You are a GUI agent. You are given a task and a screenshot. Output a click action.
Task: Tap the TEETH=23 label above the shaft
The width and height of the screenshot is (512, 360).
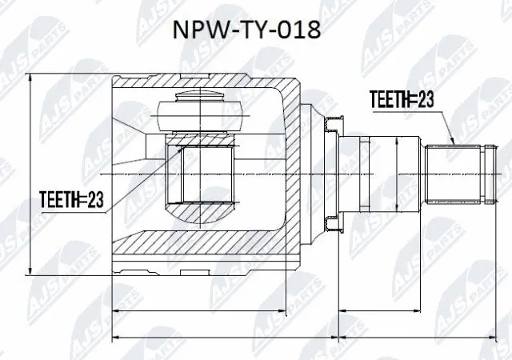[402, 99]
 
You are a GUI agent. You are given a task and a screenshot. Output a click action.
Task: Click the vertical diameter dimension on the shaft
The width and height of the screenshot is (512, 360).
[396, 173]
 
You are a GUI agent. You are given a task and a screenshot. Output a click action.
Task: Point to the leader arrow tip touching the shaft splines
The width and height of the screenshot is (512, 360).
[454, 145]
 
